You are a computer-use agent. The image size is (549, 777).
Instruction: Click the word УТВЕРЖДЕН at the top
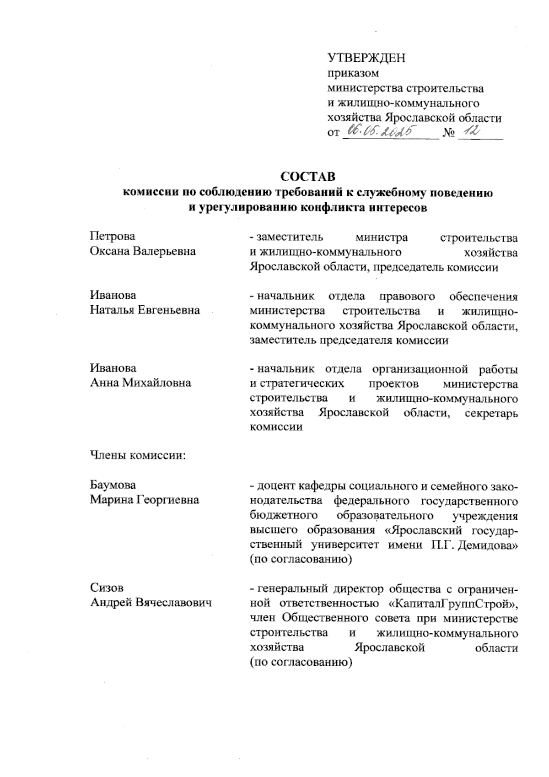367,59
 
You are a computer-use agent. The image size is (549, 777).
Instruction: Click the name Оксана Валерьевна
143,251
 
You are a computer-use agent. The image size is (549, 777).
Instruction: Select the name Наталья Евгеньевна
145,310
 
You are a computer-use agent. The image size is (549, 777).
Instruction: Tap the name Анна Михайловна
140,383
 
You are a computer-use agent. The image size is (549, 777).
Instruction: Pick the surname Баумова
113,485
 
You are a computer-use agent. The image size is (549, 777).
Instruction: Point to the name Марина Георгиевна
144,500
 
